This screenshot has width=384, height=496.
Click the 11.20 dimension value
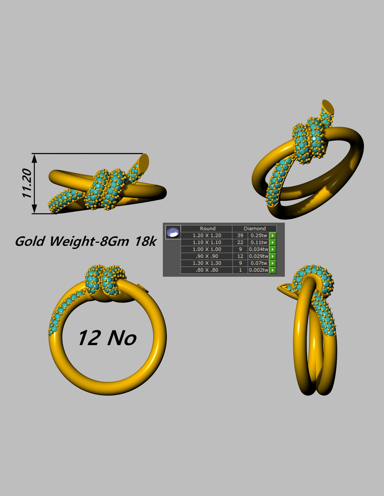(27, 183)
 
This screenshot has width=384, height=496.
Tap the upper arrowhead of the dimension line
(34, 158)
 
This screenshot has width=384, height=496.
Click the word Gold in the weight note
(29, 241)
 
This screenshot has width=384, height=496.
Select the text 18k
(145, 241)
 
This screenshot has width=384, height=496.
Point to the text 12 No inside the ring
(107, 338)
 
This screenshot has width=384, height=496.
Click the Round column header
(208, 228)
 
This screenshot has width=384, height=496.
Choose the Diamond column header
(254, 228)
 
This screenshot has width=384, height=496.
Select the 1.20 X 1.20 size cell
(207, 236)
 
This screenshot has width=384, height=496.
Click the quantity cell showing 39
(240, 236)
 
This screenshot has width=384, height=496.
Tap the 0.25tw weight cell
(259, 236)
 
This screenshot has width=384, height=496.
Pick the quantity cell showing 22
(240, 242)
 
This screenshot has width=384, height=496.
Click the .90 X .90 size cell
(207, 256)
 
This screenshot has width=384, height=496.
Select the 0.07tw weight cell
(259, 263)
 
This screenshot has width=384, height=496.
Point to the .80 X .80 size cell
(207, 270)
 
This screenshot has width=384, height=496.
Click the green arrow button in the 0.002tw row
(273, 270)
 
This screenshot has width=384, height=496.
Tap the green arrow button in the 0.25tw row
(273, 236)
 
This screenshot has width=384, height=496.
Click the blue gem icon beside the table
(173, 232)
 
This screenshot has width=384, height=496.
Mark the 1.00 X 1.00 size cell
(207, 249)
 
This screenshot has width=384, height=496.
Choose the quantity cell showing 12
(240, 256)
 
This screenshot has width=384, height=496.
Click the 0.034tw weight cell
(259, 249)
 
